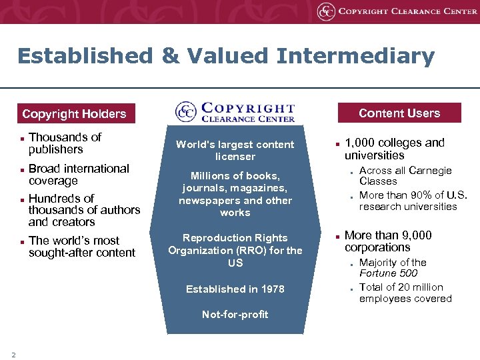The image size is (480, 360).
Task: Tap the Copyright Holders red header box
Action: [x=74, y=114]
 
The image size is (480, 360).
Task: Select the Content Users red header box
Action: [x=399, y=113]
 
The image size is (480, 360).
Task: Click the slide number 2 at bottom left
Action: [x=13, y=354]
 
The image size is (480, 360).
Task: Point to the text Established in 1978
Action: [x=235, y=289]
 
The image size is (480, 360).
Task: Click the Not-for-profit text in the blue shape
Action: [x=235, y=315]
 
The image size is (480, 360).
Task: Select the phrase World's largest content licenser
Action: [x=235, y=151]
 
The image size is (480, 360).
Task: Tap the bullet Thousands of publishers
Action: [x=65, y=143]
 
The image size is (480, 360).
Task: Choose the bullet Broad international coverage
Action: [x=79, y=175]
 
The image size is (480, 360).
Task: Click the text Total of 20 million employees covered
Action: [x=405, y=293]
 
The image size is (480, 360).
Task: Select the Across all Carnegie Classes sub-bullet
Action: [x=405, y=176]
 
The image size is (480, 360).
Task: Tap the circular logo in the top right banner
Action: [x=326, y=11]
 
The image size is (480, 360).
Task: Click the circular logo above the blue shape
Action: [x=186, y=111]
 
